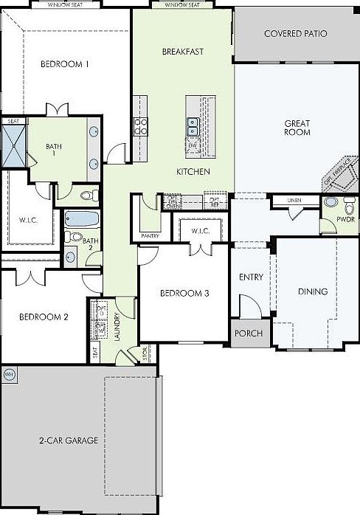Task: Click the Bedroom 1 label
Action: [x=65, y=64]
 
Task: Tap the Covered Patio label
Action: [x=296, y=34]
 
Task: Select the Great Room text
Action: [x=297, y=128]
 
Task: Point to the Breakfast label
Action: [x=182, y=52]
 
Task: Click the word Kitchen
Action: [x=193, y=172]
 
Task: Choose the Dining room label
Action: [x=312, y=291]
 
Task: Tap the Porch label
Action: [x=248, y=333]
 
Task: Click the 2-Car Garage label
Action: [x=69, y=440]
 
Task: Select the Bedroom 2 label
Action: [x=44, y=317]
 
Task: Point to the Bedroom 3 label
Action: [x=184, y=293]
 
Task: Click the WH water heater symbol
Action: [x=10, y=374]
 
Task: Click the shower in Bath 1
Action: [x=13, y=146]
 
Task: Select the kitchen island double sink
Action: [x=193, y=127]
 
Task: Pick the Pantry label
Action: [x=150, y=236]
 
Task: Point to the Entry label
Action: [x=251, y=277]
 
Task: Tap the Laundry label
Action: [x=117, y=326]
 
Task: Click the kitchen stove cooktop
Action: [x=140, y=126]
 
